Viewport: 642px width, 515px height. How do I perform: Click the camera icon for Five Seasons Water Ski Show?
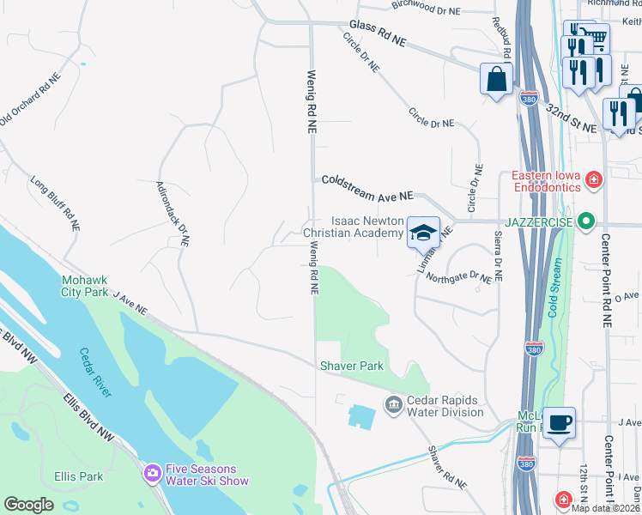[x=152, y=473]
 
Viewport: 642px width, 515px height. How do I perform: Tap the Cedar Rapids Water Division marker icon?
[x=393, y=403]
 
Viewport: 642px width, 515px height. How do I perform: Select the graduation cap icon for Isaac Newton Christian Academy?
[x=422, y=232]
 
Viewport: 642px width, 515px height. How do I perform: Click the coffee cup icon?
[x=559, y=422]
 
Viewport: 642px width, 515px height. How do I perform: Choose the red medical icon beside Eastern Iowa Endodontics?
[x=593, y=179]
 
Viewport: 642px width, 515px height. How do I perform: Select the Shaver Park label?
[x=351, y=366]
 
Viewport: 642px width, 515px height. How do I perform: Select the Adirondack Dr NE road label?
[x=172, y=214]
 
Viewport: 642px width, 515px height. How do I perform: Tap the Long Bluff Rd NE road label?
[x=56, y=203]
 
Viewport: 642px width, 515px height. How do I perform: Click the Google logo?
[x=28, y=504]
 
